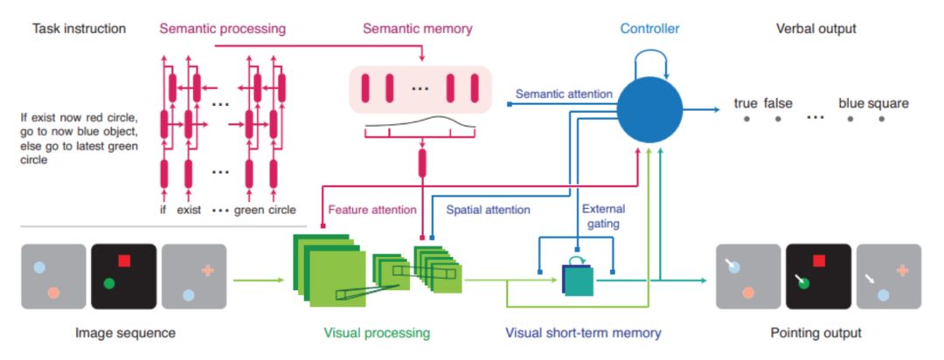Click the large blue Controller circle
pos(649,110)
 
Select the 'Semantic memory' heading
pos(418,29)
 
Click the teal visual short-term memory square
pos(579,280)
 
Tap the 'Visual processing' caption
pos(377,333)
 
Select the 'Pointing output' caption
pos(817,333)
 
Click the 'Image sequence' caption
pos(125,333)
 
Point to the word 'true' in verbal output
pos(746,103)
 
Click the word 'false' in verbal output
pos(778,103)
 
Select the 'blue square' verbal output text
pos(873,103)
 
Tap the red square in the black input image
pos(124,260)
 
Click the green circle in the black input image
pos(108,283)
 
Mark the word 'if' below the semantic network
pos(163,210)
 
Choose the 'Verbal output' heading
pos(816,29)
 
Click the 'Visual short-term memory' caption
pos(583,333)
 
